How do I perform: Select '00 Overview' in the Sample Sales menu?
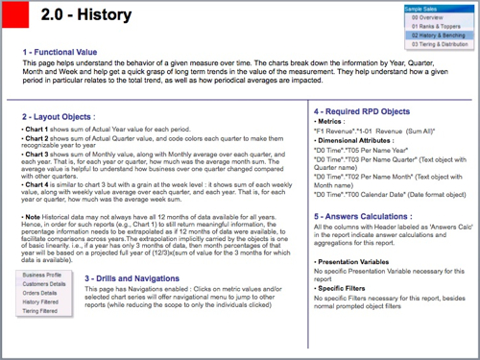coord(427,17)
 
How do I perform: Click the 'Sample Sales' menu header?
coord(423,9)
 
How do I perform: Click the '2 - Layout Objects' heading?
coord(60,116)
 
